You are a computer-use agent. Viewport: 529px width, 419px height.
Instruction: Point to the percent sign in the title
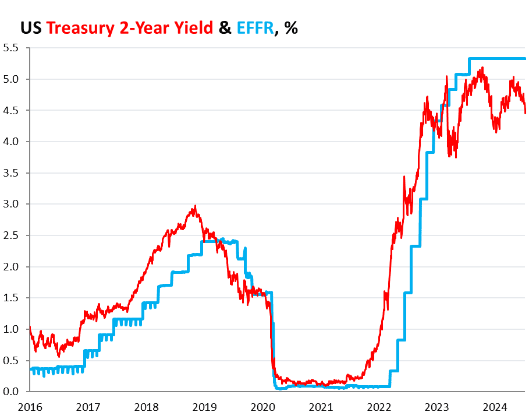pyautogui.click(x=290, y=27)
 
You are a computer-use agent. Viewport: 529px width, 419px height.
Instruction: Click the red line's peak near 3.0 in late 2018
pyautogui.click(x=195, y=206)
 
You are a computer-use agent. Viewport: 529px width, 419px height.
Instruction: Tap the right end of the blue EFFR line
pyautogui.click(x=526, y=58)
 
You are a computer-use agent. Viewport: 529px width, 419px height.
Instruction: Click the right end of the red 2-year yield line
pyautogui.click(x=526, y=112)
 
